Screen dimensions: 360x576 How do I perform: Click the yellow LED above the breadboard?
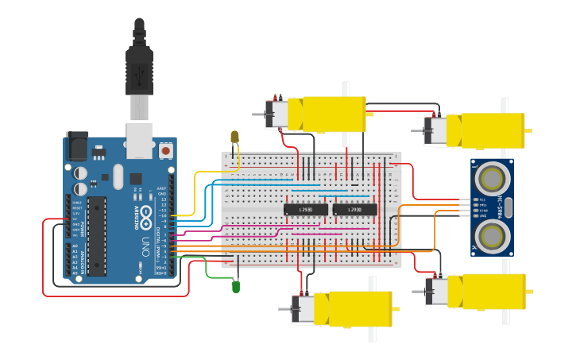click(234, 137)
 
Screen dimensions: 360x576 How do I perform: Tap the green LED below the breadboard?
click(235, 285)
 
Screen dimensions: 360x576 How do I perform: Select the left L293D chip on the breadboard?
click(306, 210)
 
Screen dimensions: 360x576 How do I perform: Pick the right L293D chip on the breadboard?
click(355, 210)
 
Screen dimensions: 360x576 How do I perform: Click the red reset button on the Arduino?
click(165, 149)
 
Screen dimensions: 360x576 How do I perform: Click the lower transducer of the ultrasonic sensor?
click(493, 236)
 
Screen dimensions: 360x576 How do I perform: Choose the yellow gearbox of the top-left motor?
click(327, 114)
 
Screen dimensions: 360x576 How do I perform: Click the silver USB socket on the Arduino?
click(140, 140)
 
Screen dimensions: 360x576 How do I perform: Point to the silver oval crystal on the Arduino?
click(118, 176)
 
